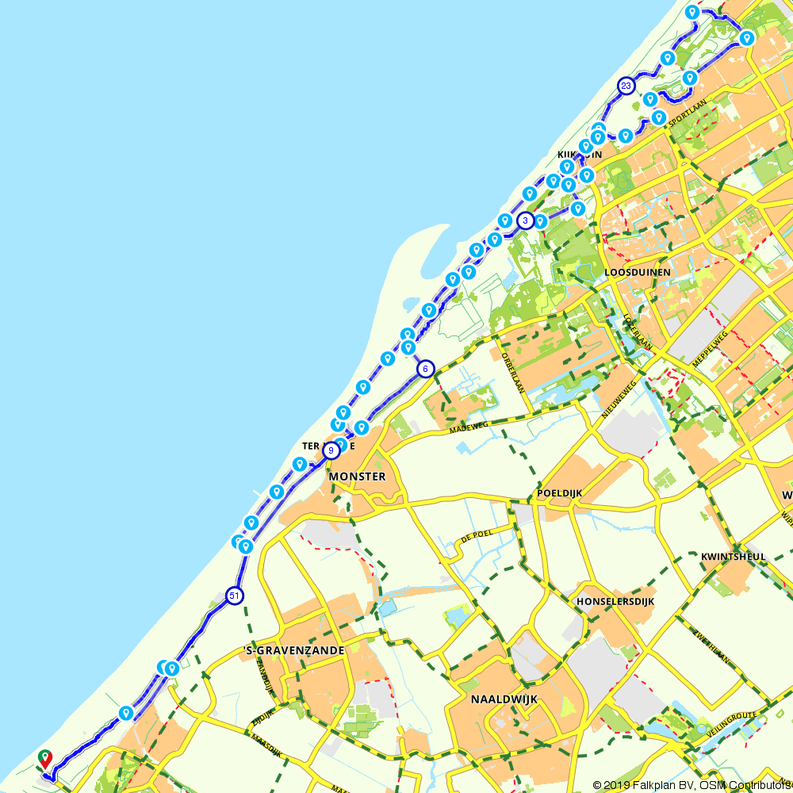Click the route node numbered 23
point(626,86)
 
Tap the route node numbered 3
point(525,220)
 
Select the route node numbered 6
point(426,369)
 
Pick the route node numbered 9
point(331,450)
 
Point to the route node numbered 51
point(233,596)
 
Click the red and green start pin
point(45,758)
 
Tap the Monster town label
point(357,477)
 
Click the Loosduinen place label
point(638,272)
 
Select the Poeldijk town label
point(559,492)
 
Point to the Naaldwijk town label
point(504,699)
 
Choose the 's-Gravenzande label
point(294,650)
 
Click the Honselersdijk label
point(615,601)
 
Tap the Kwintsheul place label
point(734,557)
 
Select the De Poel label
point(476,537)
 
